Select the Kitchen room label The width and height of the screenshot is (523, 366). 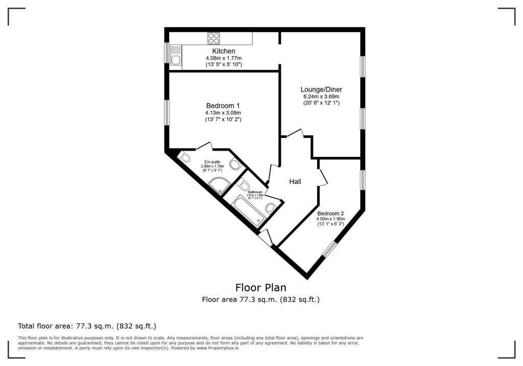pyautogui.click(x=224, y=51)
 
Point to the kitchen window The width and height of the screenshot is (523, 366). pyautogui.click(x=167, y=53)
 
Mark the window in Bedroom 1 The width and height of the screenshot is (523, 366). pyautogui.click(x=167, y=112)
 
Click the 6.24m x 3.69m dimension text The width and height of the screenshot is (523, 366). pyautogui.click(x=321, y=96)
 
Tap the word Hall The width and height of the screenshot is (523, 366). pyautogui.click(x=295, y=181)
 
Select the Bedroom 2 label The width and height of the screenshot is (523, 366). pyautogui.click(x=330, y=213)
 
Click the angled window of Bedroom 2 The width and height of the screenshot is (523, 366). pyautogui.click(x=330, y=249)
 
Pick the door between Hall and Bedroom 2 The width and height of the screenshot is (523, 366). pyautogui.click(x=322, y=177)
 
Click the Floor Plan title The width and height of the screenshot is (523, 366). pyautogui.click(x=260, y=287)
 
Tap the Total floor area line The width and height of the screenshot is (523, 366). pyautogui.click(x=87, y=326)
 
